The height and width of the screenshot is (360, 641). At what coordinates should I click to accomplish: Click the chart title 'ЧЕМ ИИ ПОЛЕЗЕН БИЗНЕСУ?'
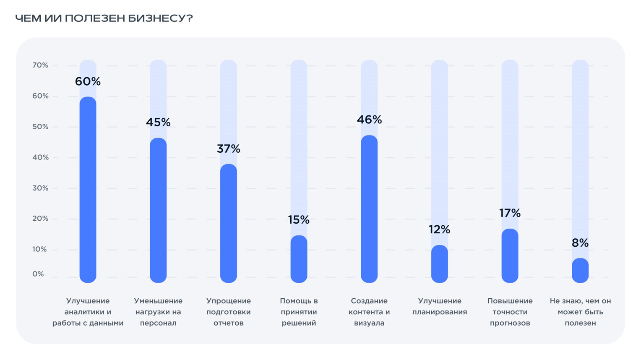104,18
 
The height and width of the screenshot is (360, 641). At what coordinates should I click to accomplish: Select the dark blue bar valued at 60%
88,189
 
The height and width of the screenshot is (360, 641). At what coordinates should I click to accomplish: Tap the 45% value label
158,122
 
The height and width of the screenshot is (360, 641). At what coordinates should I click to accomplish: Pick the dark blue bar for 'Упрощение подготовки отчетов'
229,222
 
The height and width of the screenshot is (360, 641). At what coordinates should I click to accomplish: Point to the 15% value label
299,219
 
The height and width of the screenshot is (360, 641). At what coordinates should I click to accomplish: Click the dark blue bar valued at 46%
369,209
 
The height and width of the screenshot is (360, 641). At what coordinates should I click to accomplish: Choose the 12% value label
439,229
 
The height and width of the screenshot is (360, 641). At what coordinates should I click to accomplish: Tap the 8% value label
580,243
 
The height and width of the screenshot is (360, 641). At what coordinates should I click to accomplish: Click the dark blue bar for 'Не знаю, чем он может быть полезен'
580,270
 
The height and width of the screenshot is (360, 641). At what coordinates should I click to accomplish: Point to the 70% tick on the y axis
40,65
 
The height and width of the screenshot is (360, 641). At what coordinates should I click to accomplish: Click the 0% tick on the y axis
38,274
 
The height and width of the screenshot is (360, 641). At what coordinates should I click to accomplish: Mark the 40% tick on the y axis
40,157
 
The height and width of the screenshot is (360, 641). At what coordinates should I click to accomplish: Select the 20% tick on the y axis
40,219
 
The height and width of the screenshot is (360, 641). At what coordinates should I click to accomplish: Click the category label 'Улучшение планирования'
439,306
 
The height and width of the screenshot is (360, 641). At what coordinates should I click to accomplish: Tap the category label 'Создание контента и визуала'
369,312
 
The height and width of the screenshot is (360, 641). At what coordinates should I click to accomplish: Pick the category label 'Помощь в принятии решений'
299,312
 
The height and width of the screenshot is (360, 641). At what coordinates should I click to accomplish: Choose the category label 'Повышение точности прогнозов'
510,312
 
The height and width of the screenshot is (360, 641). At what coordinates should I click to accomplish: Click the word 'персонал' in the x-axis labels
158,323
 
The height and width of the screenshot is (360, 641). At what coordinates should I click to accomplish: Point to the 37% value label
229,149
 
